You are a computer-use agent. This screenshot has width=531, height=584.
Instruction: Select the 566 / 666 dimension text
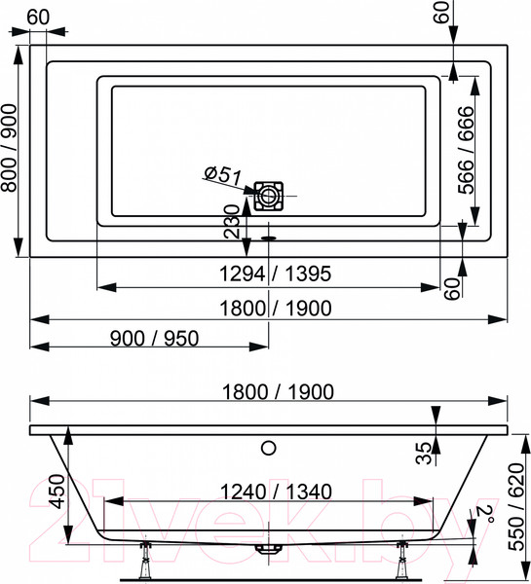tap(467, 150)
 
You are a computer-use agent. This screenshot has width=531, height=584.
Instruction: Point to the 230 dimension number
tap(231, 221)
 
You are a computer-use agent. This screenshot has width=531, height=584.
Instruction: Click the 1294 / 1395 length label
tap(270, 274)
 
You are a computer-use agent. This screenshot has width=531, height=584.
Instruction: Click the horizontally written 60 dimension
tap(38, 18)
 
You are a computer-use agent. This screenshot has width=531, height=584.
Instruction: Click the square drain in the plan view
tap(269, 195)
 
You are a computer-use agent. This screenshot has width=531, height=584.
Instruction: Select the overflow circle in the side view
tap(269, 449)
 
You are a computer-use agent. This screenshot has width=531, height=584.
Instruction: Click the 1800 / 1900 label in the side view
tap(270, 391)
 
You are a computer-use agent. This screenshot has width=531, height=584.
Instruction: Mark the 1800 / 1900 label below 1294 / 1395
tap(270, 308)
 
